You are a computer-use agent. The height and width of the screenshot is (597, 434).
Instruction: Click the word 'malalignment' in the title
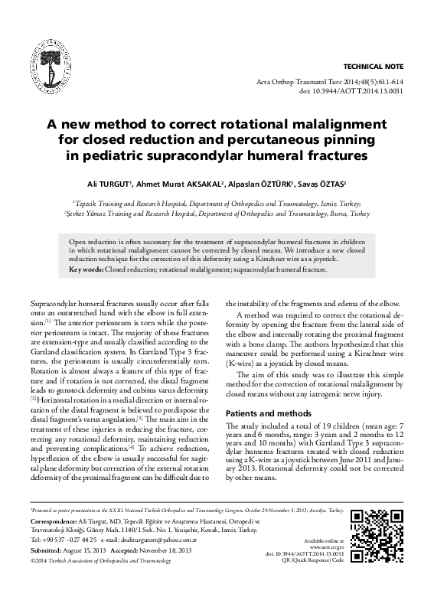point(331,124)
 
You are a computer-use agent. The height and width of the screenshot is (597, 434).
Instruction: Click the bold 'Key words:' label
point(85,270)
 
